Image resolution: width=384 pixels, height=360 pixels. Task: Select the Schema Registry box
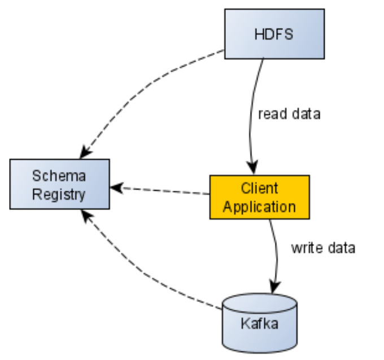[x=59, y=185]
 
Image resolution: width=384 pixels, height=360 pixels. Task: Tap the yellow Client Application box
[x=259, y=197]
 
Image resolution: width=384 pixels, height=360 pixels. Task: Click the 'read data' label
[x=289, y=114]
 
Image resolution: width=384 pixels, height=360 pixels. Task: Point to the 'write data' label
[x=323, y=248]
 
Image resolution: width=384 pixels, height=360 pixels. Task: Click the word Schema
[x=59, y=175]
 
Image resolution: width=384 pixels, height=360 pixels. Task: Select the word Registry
[x=59, y=195]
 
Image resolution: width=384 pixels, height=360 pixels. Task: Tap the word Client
[x=259, y=187]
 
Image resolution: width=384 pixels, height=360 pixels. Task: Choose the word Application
[x=259, y=207]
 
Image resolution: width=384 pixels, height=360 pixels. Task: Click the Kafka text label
[x=259, y=324]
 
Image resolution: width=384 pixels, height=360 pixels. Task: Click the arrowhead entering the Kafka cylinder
[x=275, y=287]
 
